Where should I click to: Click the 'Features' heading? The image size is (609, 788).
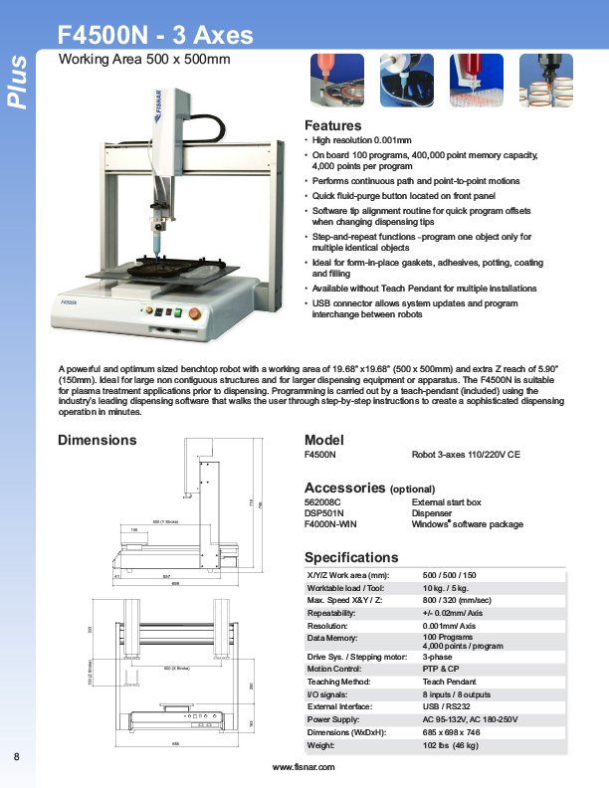(x=332, y=126)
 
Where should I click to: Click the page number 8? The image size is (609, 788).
(x=17, y=758)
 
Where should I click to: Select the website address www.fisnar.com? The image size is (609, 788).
(x=304, y=767)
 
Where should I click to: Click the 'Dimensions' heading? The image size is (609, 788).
(x=98, y=440)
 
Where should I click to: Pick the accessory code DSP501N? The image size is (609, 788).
(x=323, y=512)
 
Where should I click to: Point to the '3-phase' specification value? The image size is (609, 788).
(x=438, y=658)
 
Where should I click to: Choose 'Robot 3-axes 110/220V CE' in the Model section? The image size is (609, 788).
(x=466, y=454)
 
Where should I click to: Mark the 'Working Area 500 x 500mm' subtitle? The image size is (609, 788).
(x=144, y=60)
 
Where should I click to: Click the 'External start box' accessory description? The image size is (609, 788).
(x=446, y=502)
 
